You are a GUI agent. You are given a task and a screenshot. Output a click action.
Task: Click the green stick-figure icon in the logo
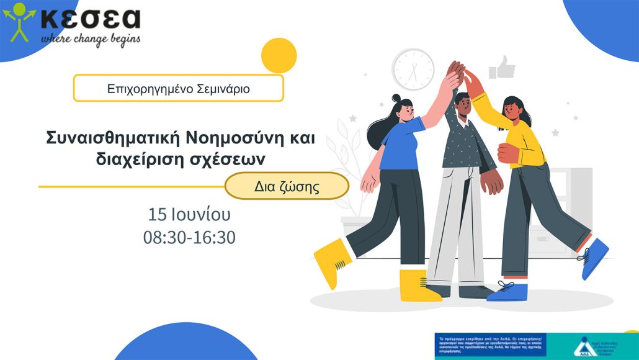coord(19,22)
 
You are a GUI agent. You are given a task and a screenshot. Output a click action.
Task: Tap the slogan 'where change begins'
coord(91,38)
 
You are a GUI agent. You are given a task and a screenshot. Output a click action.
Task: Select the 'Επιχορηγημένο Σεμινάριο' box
coord(179,88)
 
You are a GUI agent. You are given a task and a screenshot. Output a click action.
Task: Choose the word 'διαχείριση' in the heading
coord(122,159)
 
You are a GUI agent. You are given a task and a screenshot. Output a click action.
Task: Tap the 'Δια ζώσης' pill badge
coord(287,186)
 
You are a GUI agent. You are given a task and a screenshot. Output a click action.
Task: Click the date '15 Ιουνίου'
coord(189,215)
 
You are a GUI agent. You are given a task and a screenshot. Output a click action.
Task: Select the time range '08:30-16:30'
coord(189,237)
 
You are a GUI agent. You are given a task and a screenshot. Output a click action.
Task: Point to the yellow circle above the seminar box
coord(279,55)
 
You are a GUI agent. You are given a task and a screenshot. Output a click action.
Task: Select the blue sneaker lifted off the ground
coord(594,257)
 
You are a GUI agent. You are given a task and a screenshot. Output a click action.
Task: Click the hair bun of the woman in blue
coord(396,99)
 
